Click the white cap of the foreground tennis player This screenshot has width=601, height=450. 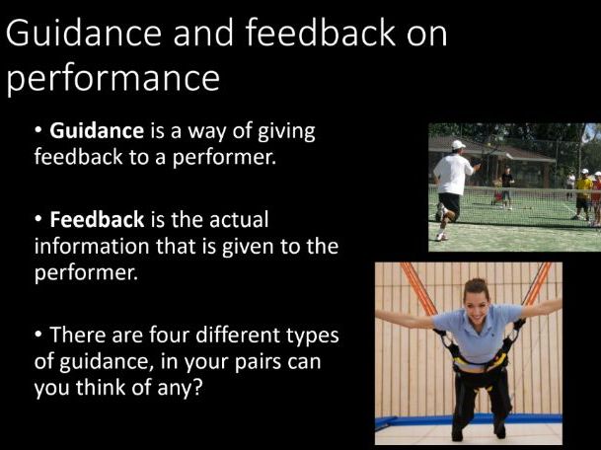pos(458,145)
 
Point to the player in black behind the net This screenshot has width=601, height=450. pos(507,184)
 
